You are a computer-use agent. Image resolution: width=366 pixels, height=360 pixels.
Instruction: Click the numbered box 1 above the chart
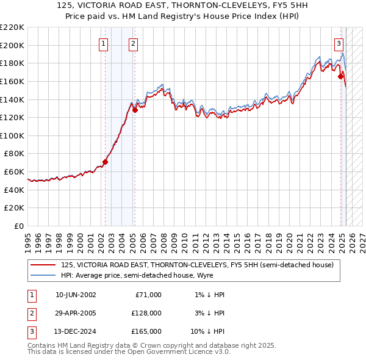(104, 43)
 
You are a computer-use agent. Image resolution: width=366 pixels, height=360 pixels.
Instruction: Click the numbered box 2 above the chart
(133, 43)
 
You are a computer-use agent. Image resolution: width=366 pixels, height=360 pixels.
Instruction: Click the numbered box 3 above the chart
(339, 43)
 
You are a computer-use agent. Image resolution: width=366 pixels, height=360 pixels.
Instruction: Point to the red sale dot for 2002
(105, 162)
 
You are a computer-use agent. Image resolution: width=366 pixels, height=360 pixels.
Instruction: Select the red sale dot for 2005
(135, 110)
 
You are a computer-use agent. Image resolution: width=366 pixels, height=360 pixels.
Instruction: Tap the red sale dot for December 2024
(342, 76)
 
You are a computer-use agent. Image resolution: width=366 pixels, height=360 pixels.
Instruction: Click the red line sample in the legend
(43, 265)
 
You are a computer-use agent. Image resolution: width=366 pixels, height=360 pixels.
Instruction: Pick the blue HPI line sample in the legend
(43, 275)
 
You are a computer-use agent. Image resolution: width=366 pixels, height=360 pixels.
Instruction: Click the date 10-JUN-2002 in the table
(76, 294)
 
